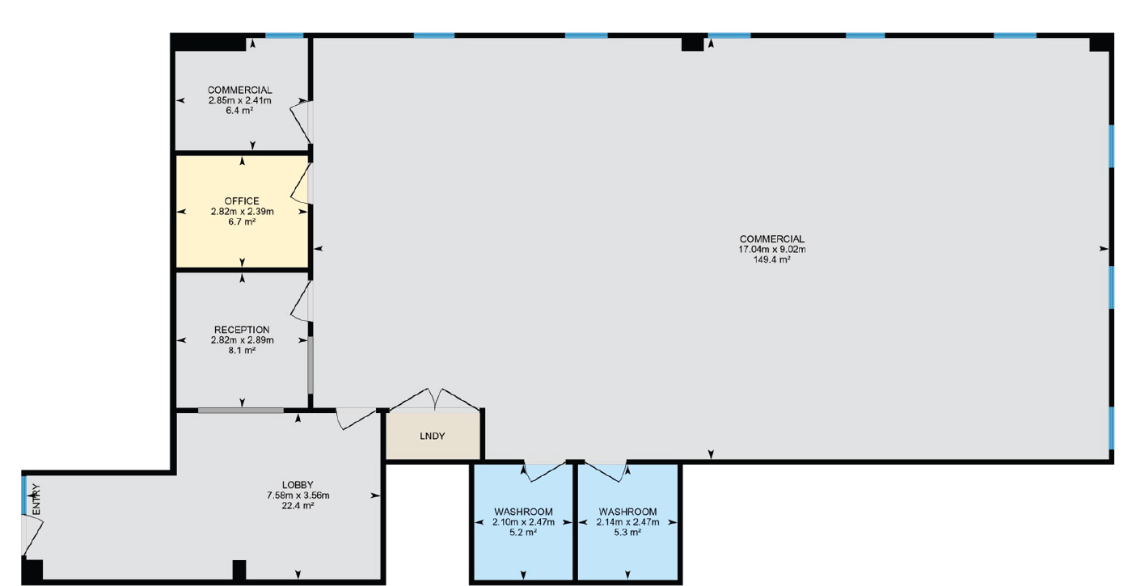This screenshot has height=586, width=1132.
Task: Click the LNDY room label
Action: (432, 436)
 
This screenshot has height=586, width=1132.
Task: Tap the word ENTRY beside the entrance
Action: (36, 500)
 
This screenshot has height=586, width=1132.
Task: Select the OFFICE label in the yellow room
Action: (242, 201)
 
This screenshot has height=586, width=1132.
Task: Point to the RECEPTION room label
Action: (242, 330)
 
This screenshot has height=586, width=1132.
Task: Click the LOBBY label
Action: (298, 485)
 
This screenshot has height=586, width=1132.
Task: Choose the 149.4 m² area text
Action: (771, 259)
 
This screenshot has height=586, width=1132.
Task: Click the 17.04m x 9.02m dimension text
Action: (771, 250)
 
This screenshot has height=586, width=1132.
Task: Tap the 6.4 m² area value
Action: (239, 111)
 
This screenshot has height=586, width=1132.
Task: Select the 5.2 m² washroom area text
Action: (523, 533)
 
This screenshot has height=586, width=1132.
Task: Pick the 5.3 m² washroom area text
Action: (627, 533)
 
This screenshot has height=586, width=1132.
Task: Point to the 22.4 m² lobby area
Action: (298, 505)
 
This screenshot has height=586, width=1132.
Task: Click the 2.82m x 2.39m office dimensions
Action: (242, 212)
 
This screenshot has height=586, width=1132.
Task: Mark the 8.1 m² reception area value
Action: (242, 351)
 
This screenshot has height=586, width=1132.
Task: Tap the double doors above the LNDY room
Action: (435, 399)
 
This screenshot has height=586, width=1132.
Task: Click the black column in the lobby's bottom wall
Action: (239, 570)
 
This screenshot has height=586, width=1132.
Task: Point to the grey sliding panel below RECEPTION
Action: (241, 411)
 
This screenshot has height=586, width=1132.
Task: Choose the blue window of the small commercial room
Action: (285, 36)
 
